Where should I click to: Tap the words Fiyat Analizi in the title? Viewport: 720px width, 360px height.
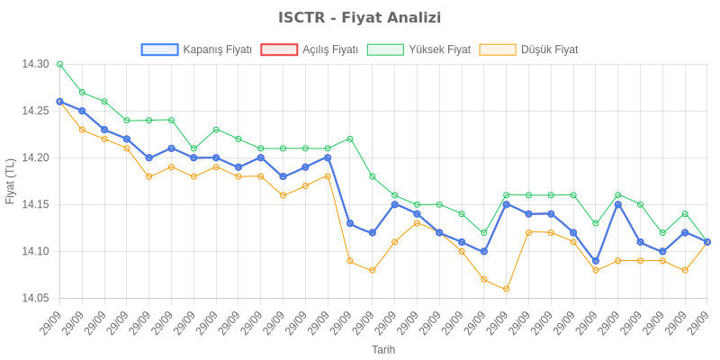point(390,18)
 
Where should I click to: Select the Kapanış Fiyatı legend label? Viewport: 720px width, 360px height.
point(217,49)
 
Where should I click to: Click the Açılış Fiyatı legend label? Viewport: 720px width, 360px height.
point(330,49)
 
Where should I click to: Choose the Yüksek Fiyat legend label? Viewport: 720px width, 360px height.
point(439,49)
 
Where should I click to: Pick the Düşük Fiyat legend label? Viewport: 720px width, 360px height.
point(550,49)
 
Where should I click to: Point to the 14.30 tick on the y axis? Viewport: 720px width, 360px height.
point(35,64)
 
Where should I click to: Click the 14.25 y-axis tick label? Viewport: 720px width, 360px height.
point(35,111)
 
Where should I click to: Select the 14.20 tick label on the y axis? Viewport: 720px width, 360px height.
point(35,157)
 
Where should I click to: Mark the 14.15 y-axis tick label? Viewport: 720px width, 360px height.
point(35,204)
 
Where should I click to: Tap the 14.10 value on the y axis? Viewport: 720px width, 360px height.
point(35,251)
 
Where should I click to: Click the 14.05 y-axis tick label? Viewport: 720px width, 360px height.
point(35,298)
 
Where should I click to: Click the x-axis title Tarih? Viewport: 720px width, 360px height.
point(383,349)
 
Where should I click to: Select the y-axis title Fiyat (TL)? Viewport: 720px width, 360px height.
point(11,181)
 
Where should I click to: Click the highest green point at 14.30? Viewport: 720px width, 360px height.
point(59,64)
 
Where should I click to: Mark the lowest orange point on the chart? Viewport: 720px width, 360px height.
point(507,289)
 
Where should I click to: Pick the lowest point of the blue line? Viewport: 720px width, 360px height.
point(596,261)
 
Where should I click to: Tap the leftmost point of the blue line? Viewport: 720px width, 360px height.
point(59,102)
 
